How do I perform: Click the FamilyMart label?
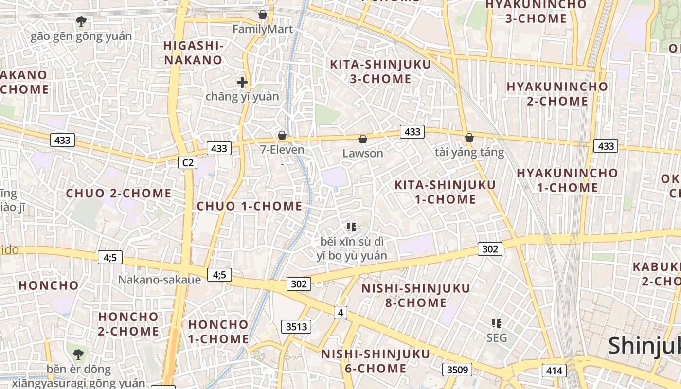pos(263,29)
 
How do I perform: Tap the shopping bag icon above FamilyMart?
pos(263,15)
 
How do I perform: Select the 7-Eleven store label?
pos(282,150)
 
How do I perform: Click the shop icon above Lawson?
pos(362,140)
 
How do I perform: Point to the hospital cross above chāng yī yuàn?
pos(242,82)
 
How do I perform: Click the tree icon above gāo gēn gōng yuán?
pos(81,21)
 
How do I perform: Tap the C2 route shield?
pos(187,162)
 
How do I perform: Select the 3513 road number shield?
pos(296,326)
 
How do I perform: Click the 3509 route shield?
pos(457,370)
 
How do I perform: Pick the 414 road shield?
pos(554,371)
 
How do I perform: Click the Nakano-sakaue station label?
pos(160,280)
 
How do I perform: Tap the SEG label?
pos(497,337)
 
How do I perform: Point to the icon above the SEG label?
pos(497,323)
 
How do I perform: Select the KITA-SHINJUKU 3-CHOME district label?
pos(380,71)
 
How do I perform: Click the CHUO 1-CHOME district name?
pos(250,206)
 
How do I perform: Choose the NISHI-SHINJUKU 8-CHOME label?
pos(416,296)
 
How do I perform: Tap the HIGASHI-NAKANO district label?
pos(193,53)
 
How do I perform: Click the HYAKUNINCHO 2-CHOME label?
pos(557,94)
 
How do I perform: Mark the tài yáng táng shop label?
pos(469,153)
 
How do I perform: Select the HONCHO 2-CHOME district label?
pos(128,324)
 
